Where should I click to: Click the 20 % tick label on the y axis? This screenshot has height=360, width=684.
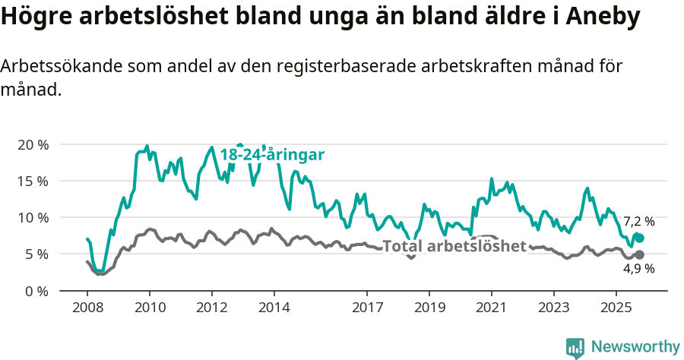pyautogui.click(x=32, y=144)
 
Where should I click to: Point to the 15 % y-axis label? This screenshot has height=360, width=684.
pyautogui.click(x=32, y=181)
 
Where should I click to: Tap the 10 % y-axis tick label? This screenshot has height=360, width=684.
pyautogui.click(x=32, y=217)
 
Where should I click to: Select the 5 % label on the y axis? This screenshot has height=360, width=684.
pyautogui.click(x=36, y=254)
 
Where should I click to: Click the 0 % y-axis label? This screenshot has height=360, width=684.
pyautogui.click(x=36, y=290)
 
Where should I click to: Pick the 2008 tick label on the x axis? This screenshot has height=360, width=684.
pyautogui.click(x=87, y=309)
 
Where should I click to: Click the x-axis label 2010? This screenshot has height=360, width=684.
pyautogui.click(x=150, y=309)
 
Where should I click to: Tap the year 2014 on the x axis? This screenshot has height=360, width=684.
pyautogui.click(x=274, y=309)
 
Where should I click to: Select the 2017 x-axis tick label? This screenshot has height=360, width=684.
pyautogui.click(x=367, y=309)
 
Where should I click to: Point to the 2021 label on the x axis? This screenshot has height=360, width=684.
pyautogui.click(x=491, y=309)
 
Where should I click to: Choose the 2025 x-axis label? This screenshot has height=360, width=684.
pyautogui.click(x=616, y=309)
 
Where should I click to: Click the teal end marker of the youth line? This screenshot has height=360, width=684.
pyautogui.click(x=639, y=238)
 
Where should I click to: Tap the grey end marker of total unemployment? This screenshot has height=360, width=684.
pyautogui.click(x=639, y=255)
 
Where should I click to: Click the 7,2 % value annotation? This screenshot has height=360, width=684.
pyautogui.click(x=638, y=222)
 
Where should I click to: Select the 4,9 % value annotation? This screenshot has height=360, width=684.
pyautogui.click(x=638, y=269)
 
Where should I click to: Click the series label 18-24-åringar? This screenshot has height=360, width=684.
pyautogui.click(x=272, y=155)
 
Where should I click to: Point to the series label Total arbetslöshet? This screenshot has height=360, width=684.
pyautogui.click(x=454, y=246)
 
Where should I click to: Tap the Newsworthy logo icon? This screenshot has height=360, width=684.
pyautogui.click(x=575, y=347)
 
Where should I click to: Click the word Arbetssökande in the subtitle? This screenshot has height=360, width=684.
pyautogui.click(x=54, y=67)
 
